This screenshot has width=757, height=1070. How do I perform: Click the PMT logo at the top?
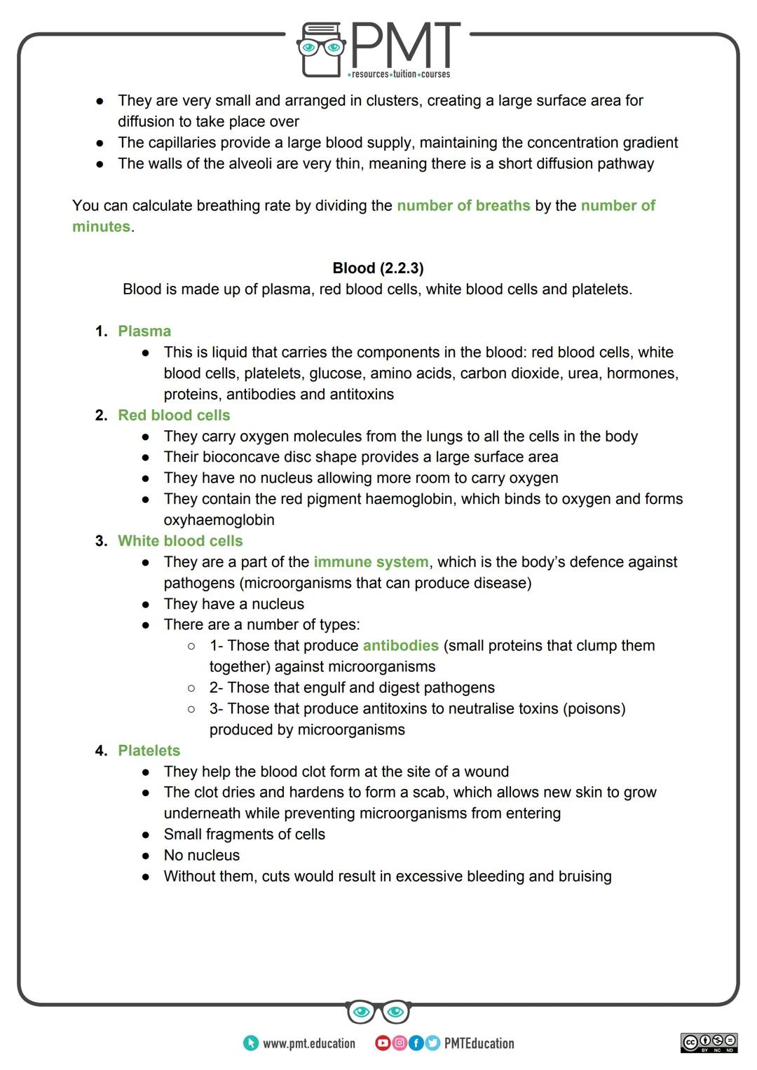point(378,49)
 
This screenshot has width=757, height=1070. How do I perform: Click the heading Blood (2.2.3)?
point(378,268)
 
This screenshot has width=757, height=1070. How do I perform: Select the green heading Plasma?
point(144,331)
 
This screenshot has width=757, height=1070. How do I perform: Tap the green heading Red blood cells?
point(174,416)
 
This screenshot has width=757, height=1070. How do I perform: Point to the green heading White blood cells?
point(180,541)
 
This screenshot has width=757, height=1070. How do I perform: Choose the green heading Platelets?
point(149,750)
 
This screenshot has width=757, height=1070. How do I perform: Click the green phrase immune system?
point(371,562)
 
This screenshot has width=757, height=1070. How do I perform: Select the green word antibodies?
point(400,646)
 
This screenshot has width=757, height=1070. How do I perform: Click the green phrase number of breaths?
point(463,206)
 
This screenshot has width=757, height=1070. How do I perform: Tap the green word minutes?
point(101,227)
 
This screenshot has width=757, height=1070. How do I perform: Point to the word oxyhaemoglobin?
point(219,520)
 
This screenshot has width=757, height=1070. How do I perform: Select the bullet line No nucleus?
point(202,856)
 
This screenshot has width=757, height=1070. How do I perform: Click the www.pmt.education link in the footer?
point(308,1043)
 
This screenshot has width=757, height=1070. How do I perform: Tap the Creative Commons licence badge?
point(709,1043)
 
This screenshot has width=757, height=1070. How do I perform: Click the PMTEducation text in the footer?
point(479,1043)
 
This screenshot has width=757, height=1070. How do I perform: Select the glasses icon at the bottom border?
point(378,1012)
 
